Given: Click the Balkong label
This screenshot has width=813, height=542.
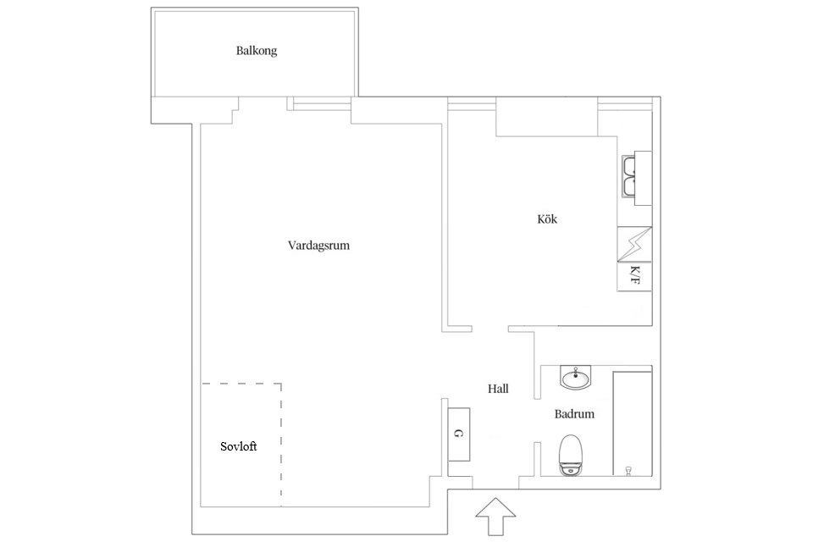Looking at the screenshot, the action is [256, 51].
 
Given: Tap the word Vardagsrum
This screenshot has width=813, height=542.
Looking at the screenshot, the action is [318, 246].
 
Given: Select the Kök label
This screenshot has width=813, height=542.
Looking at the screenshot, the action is [547, 218].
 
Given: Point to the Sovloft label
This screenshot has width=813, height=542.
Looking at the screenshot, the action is [239, 446].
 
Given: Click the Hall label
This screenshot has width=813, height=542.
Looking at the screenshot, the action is [498, 389].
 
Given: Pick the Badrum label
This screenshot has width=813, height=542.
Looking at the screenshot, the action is [574, 414].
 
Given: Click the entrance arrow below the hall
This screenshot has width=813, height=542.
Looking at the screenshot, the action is [495, 517].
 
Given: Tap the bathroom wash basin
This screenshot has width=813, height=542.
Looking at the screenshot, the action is [575, 377].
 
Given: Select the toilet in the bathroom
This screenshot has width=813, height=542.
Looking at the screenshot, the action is [571, 456].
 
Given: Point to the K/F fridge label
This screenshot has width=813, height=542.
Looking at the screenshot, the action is [634, 275].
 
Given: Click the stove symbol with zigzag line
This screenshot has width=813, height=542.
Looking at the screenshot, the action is [634, 244].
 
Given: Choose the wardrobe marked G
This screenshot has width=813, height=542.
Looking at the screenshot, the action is [459, 434].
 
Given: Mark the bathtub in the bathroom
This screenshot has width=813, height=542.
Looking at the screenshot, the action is [633, 423].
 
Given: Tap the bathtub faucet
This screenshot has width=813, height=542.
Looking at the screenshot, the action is [628, 470].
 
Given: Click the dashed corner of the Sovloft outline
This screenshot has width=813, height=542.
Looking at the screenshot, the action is [281, 384].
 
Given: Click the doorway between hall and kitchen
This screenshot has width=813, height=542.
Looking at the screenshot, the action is [490, 329].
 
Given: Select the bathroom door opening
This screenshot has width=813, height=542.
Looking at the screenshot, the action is [538, 421].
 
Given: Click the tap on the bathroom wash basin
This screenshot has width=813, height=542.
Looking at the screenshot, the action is [575, 372].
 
